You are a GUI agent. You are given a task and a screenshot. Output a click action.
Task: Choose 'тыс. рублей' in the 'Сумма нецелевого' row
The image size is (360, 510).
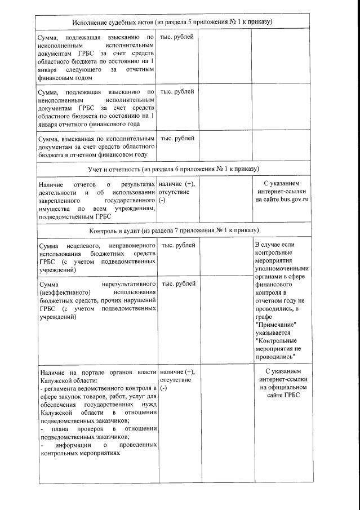click(x=178, y=245)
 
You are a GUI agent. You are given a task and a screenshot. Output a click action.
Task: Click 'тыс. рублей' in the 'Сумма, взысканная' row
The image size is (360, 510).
click(x=177, y=138)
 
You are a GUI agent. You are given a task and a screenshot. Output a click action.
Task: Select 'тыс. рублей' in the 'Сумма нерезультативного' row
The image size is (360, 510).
click(x=178, y=283)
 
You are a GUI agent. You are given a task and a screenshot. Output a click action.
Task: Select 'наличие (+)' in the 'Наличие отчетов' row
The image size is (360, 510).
click(x=176, y=184)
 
